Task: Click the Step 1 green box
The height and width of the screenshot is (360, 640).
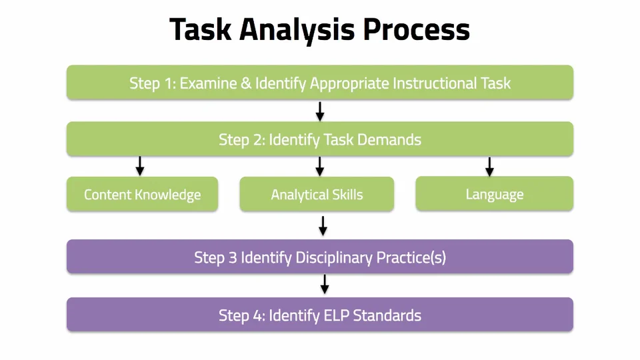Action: [x=320, y=83]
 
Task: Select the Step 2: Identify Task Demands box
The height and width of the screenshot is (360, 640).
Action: [x=320, y=139]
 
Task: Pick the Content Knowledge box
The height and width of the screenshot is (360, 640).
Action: [x=142, y=195]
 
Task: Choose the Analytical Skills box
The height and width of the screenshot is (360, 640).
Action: [x=317, y=195]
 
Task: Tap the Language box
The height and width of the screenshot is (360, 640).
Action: [x=494, y=194]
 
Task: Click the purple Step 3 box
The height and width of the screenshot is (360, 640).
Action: [x=320, y=257]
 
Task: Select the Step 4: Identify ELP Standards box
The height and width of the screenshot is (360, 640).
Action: [x=320, y=315]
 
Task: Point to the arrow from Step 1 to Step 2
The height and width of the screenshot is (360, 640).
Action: [x=320, y=111]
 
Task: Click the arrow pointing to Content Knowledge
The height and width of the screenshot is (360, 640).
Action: [x=140, y=166]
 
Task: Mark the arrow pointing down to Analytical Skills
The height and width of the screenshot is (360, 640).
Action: [x=320, y=166]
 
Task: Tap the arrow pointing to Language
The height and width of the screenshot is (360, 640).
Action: [x=489, y=166]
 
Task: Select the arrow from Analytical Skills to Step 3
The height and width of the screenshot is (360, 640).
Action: [x=323, y=225]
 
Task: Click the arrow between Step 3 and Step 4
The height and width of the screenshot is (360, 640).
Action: [x=325, y=284]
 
